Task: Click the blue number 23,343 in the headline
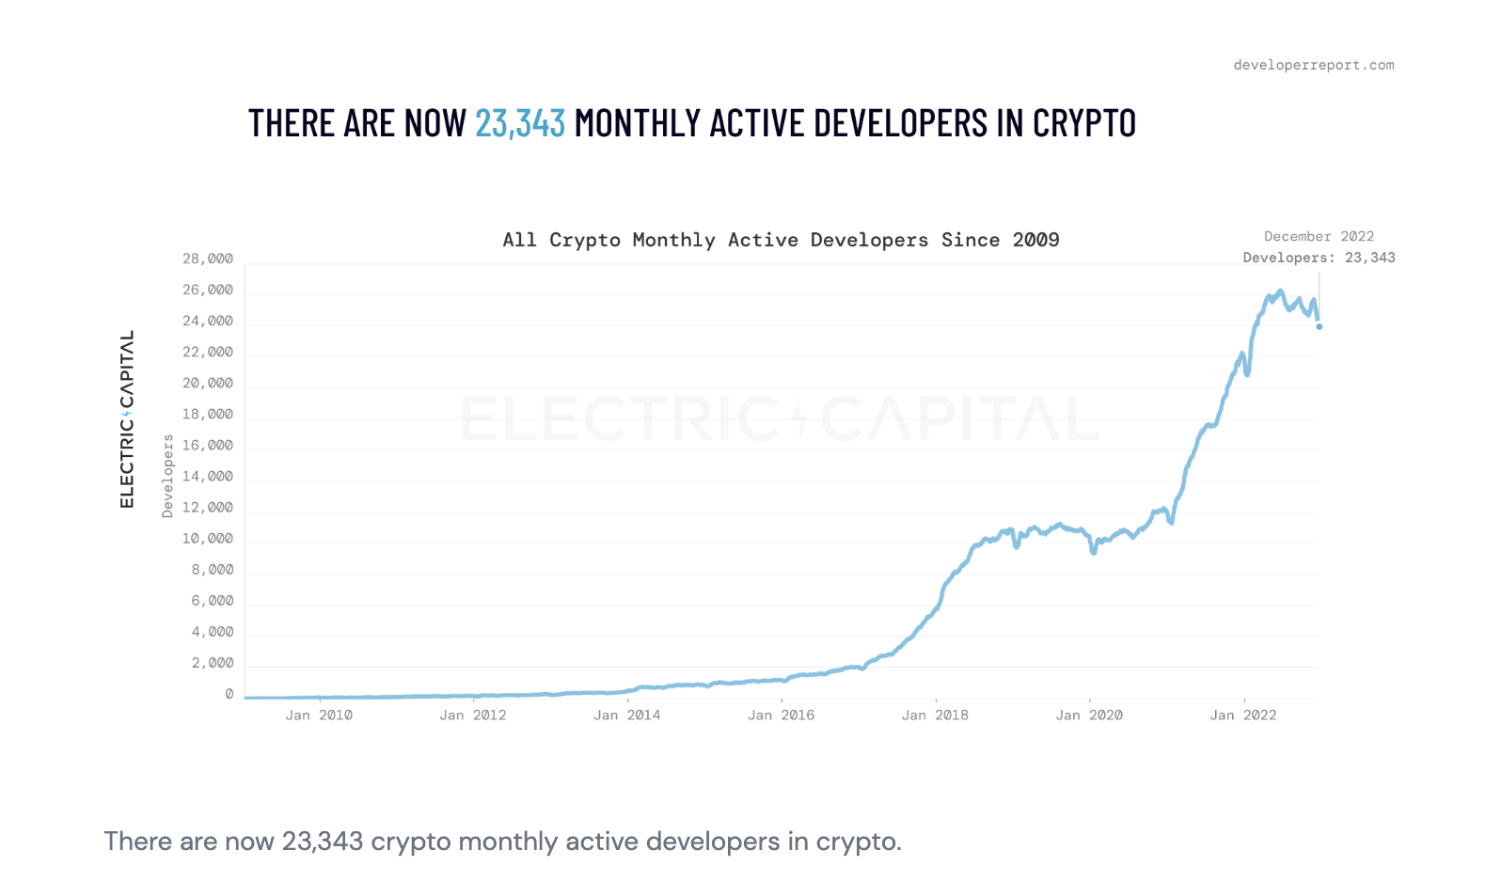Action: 519,123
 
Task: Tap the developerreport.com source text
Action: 1313,65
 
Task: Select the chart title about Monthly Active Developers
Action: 781,240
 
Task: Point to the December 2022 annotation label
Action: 1319,236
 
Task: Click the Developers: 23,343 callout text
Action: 1319,258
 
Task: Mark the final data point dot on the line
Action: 1319,326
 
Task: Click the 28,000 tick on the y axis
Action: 208,259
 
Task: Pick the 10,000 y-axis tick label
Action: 208,539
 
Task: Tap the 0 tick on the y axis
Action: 229,694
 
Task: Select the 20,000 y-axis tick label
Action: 208,383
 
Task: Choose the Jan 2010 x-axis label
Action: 319,716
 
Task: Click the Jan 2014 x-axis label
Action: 627,716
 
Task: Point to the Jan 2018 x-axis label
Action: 935,716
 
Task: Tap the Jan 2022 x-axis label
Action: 1243,716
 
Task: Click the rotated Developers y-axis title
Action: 168,476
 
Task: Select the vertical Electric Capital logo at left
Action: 127,419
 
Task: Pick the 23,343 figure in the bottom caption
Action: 322,841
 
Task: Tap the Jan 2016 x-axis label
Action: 781,716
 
